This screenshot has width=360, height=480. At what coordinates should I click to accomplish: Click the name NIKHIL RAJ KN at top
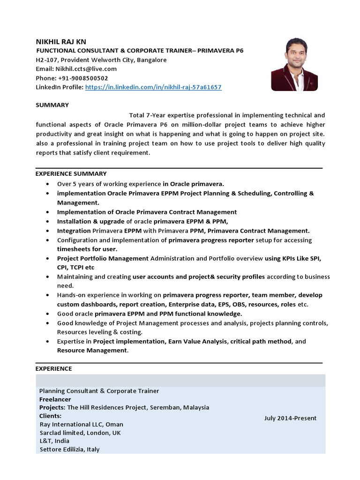tap(61, 42)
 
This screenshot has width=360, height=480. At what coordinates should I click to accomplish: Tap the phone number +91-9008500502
tap(83, 78)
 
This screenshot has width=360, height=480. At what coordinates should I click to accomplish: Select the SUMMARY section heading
tap(52, 105)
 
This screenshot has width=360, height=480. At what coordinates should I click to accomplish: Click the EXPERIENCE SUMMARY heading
tap(71, 173)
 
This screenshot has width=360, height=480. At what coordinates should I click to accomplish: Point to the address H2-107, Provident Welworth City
tap(101, 60)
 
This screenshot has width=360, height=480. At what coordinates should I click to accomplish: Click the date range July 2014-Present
tap(290, 418)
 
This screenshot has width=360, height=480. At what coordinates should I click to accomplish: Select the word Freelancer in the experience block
tap(54, 399)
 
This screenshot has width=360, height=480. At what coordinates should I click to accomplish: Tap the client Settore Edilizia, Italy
tap(69, 449)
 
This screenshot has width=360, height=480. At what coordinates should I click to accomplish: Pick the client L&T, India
tap(54, 441)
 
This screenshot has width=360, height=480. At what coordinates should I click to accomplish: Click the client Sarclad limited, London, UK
tap(80, 433)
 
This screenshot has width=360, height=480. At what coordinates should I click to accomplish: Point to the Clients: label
tap(50, 416)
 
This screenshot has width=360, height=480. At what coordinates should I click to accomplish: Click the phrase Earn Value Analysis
tap(198, 341)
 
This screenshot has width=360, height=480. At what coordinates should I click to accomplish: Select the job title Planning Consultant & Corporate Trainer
tap(99, 390)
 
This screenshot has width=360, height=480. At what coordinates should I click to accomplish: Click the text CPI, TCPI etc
tap(75, 267)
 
